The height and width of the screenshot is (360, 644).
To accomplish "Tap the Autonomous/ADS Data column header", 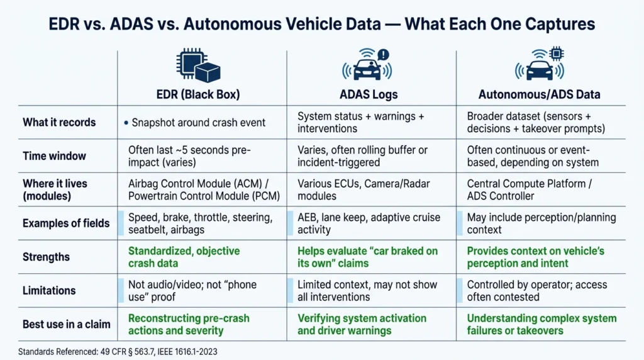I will tap(539, 94).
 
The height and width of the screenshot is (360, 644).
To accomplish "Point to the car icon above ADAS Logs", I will tap(367, 65).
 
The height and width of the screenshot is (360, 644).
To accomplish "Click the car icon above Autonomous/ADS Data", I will tap(539, 65).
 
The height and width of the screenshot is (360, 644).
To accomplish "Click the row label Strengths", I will tap(46, 257).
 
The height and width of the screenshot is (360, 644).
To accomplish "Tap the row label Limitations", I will tap(49, 290).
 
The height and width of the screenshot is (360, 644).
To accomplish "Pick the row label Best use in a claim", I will tap(66, 324).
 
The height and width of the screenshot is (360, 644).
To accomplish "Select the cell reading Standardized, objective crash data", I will tap(184, 257).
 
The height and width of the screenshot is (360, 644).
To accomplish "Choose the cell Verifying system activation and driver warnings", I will tap(362, 324).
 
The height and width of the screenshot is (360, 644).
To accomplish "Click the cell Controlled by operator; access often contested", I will tap(536, 291).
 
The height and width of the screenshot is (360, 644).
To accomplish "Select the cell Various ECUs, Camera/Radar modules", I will tap(357, 189).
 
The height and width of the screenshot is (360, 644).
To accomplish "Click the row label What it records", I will tap(59, 122).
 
